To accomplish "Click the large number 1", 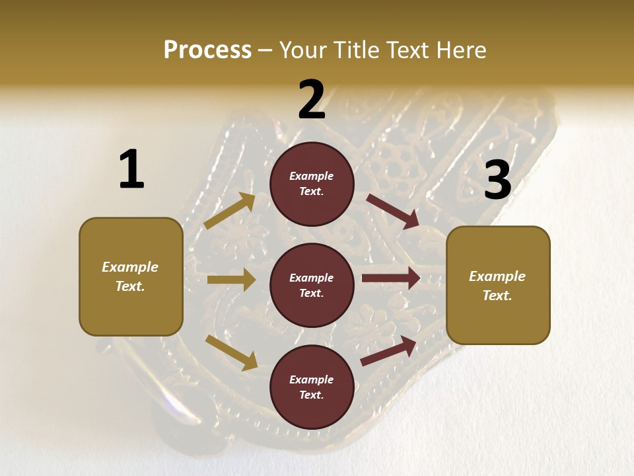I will (x=131, y=170).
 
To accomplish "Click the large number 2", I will (x=312, y=100).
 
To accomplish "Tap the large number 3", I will (x=497, y=180).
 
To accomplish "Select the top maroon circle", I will (x=312, y=184).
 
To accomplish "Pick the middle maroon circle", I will (x=312, y=285).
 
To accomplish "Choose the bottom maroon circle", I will (x=312, y=387).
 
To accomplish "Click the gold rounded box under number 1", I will (x=131, y=276).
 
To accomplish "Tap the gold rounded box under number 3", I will (x=498, y=285).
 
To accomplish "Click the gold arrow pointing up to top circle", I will (x=230, y=210).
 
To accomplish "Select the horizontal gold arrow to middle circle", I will (x=231, y=280).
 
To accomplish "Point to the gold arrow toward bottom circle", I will (x=231, y=352).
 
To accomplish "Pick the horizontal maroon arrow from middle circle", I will (x=391, y=278).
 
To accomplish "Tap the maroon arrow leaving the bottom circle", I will (x=388, y=350).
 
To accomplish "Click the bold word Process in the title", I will (x=207, y=50).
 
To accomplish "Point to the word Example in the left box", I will (x=130, y=267).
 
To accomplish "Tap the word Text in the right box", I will (x=497, y=296).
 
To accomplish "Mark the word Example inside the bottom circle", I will (x=311, y=379).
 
